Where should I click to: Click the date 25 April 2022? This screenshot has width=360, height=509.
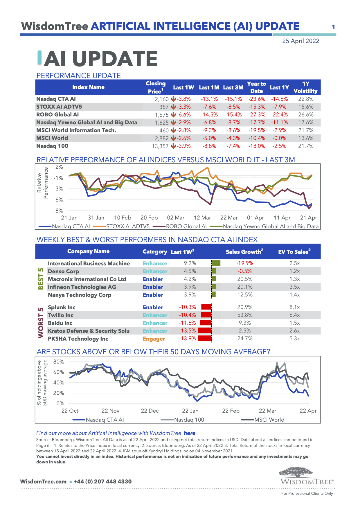(300, 41)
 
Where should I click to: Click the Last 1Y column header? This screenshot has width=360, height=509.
(279, 87)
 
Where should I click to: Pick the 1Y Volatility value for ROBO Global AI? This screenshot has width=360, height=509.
(306, 115)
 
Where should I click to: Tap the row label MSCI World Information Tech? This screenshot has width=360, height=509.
(76, 130)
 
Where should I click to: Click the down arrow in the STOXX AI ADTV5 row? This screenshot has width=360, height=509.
(173, 107)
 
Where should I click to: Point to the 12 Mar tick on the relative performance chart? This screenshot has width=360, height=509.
(202, 218)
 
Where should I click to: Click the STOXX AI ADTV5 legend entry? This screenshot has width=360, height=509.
(128, 226)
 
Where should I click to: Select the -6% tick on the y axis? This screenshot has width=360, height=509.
(59, 200)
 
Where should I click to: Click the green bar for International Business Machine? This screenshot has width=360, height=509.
(216, 263)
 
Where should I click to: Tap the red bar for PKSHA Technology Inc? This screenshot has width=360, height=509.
(204, 338)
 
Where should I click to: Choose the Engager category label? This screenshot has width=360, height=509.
(154, 339)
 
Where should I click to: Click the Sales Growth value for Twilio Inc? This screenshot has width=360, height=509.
(245, 315)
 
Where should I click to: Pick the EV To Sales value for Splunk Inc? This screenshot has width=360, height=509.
(294, 307)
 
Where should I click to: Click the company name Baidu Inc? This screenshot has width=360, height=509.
(60, 323)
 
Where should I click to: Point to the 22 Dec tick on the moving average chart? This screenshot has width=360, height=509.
(150, 411)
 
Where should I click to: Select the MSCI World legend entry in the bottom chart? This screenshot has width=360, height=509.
(269, 420)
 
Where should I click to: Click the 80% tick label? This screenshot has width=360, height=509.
(59, 362)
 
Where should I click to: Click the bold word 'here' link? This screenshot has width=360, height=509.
(190, 433)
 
